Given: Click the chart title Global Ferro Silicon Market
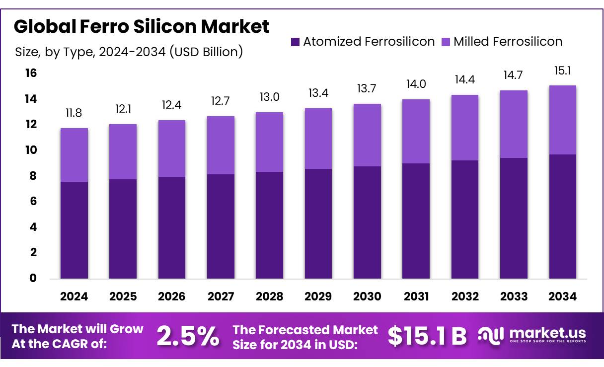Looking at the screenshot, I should [x=142, y=26].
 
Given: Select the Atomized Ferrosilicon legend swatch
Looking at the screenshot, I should [x=295, y=42].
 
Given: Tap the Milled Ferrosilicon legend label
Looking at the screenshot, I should [x=508, y=42].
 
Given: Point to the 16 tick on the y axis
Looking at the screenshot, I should [x=31, y=73].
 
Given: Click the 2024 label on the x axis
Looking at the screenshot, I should [x=74, y=296].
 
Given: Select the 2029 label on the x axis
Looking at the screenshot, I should [x=318, y=296].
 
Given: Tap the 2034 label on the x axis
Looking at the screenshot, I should [x=563, y=296].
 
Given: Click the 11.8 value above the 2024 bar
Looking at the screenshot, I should [x=74, y=113].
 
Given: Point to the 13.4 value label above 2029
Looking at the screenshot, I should [x=318, y=93].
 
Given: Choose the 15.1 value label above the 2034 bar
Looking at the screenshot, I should [x=563, y=71].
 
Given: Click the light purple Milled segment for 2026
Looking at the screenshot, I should [x=172, y=148].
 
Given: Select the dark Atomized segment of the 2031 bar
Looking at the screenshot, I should [x=416, y=221].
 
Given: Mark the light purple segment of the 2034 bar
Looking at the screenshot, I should [x=563, y=120].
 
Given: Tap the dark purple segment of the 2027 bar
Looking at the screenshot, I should [x=221, y=226].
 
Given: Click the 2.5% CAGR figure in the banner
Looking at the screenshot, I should [x=188, y=337].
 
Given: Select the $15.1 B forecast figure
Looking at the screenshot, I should [x=427, y=337].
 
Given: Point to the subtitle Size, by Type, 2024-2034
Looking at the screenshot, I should [x=129, y=52].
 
